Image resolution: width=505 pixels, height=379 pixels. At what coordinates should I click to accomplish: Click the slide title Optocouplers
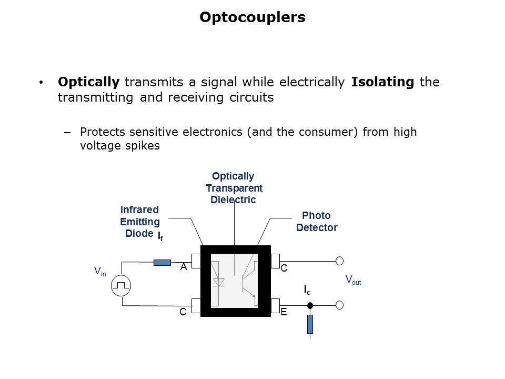252,17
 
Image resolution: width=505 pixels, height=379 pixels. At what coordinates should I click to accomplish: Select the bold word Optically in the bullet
88,82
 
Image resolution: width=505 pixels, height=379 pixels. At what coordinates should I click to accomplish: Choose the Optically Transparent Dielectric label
233,188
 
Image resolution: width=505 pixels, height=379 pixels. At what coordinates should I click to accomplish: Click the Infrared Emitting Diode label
139,222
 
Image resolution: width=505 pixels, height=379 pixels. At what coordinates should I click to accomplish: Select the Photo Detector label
316,222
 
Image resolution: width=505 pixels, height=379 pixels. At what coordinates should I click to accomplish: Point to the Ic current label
307,290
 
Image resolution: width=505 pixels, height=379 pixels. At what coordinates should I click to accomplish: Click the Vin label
99,272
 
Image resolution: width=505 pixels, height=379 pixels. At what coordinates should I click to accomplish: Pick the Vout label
353,280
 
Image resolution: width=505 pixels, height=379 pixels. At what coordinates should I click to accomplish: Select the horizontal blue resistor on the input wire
162,262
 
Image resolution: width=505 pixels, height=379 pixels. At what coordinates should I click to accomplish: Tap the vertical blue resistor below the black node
310,324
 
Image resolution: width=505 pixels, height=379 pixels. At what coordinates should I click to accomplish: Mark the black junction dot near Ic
310,305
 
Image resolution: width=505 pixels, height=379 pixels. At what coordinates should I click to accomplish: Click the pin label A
184,267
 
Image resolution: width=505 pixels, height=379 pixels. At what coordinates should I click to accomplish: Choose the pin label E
284,312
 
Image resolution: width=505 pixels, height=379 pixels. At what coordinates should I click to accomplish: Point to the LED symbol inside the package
219,282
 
